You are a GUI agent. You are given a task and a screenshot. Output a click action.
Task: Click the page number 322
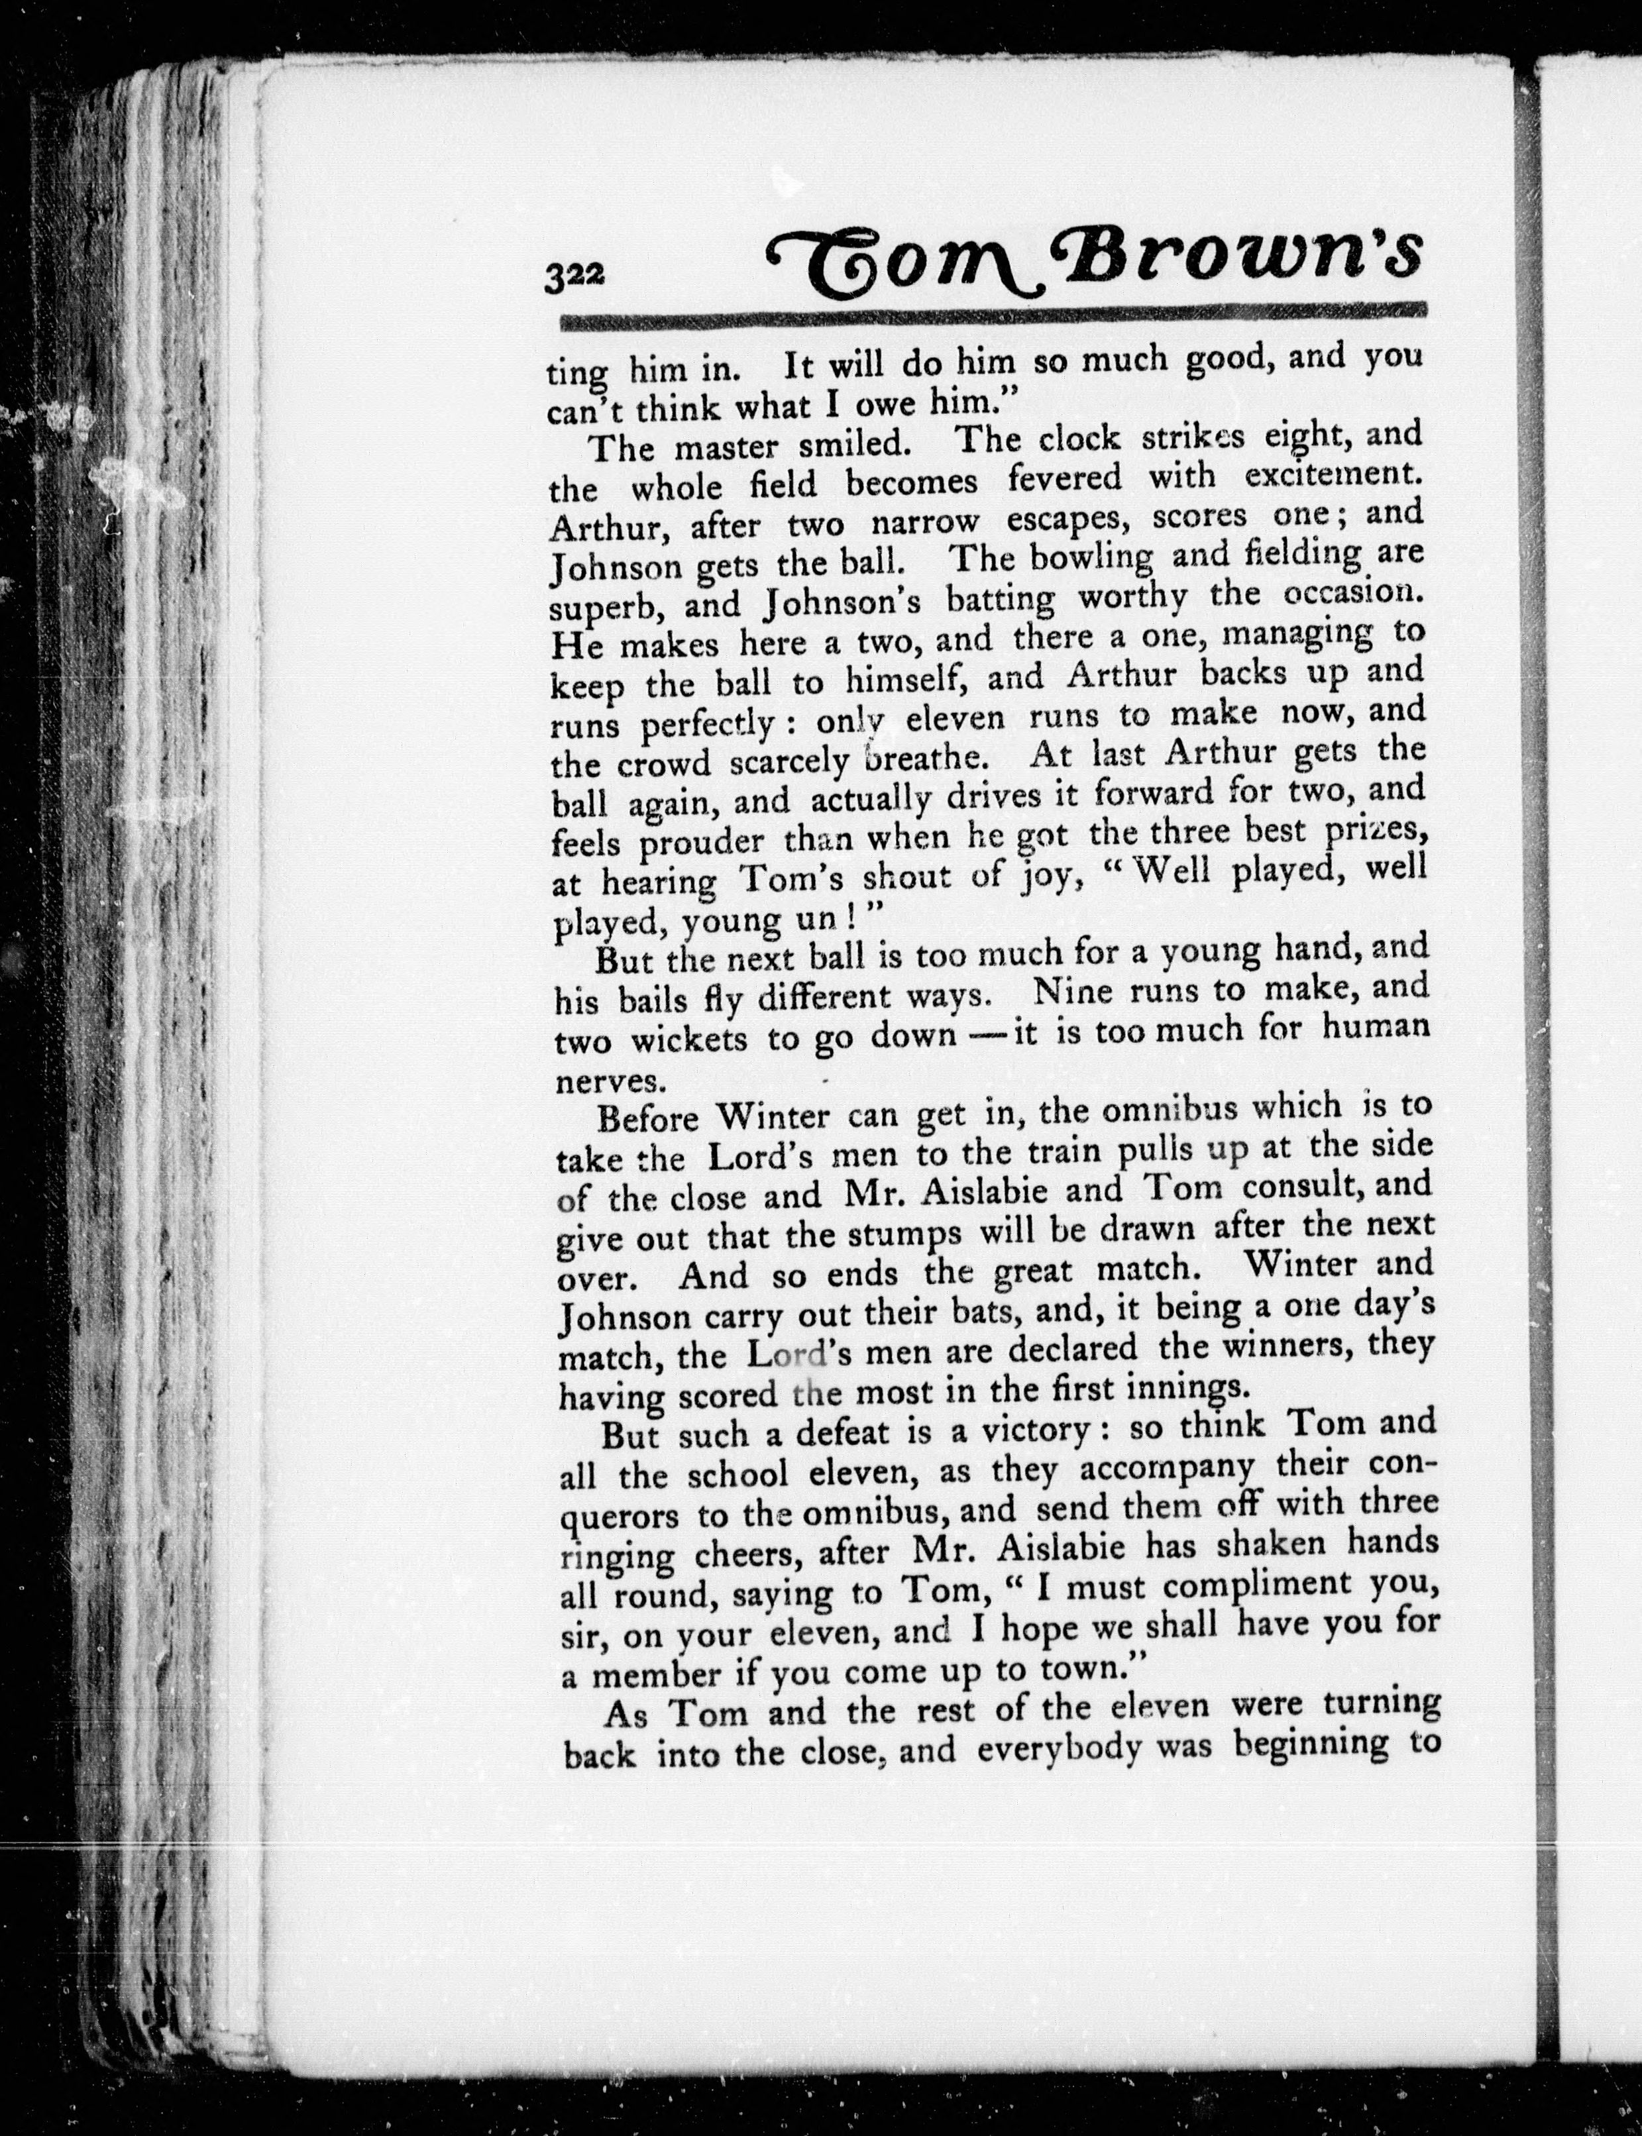[x=576, y=276]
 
